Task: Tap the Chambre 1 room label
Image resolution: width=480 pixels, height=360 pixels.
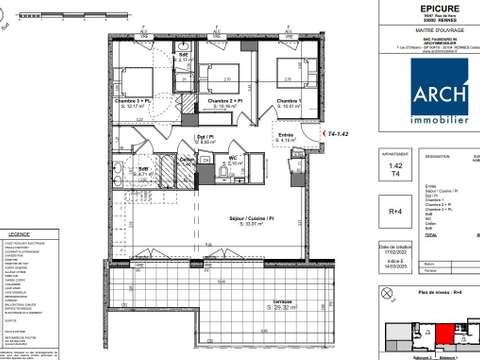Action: [289, 101]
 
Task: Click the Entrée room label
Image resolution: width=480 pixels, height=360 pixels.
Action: [285, 135]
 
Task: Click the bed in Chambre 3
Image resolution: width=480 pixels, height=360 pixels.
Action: [133, 76]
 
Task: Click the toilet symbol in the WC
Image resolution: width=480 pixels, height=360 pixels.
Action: [221, 172]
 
